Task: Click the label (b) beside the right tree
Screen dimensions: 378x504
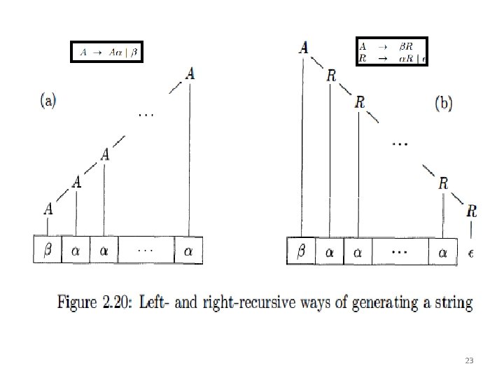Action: click(444, 104)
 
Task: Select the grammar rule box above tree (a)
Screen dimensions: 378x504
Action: click(107, 52)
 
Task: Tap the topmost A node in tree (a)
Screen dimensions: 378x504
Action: click(190, 73)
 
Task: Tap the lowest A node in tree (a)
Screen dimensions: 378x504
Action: click(48, 209)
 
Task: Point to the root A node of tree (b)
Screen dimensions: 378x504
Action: click(304, 48)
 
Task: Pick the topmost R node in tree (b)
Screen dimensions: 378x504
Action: click(331, 76)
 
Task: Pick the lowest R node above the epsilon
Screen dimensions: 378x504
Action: click(472, 211)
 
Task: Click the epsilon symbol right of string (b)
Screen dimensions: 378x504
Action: click(470, 252)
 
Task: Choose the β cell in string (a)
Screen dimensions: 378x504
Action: click(48, 250)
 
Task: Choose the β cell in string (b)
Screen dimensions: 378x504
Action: click(302, 250)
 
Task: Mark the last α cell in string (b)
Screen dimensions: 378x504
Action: click(442, 252)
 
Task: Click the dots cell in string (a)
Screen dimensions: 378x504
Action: click(146, 250)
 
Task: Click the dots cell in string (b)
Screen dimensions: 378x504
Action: click(400, 251)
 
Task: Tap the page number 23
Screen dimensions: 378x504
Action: click(469, 360)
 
